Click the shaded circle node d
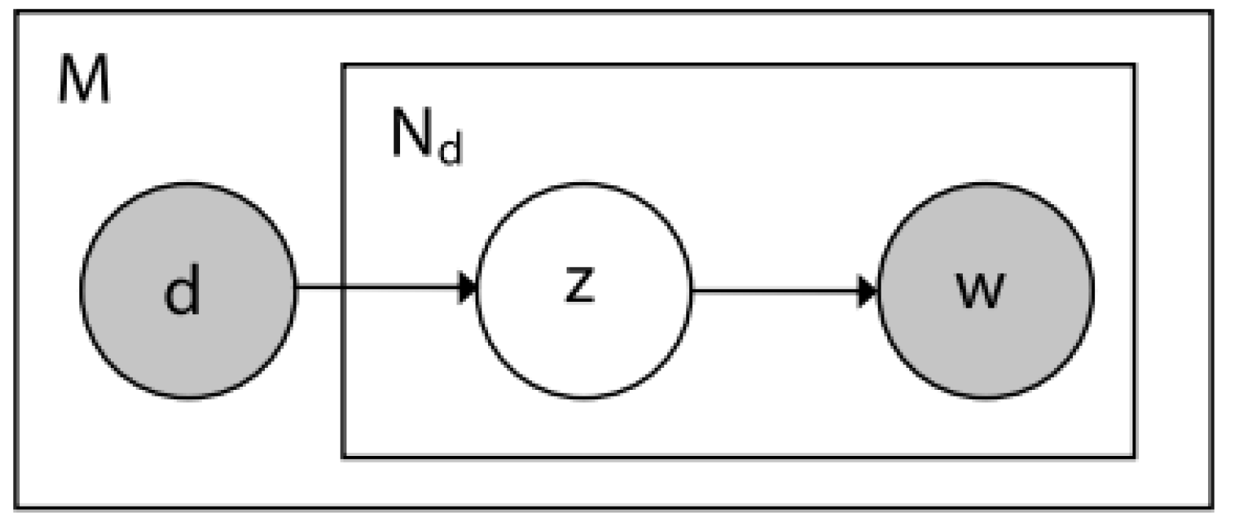[x=187, y=290]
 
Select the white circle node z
[x=584, y=290]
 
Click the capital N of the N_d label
[x=412, y=134]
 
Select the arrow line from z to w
[x=778, y=291]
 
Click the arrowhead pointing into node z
[x=468, y=287]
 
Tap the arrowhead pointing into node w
[x=868, y=291]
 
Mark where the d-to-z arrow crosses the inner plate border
[x=343, y=287]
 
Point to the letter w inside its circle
[x=980, y=289]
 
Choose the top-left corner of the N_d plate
[x=343, y=65]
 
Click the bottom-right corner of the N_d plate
[x=1135, y=456]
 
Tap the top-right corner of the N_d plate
[x=1135, y=65]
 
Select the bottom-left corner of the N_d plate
[x=343, y=456]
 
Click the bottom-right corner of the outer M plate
[x=1212, y=507]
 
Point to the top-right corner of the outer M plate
[x=1212, y=12]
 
